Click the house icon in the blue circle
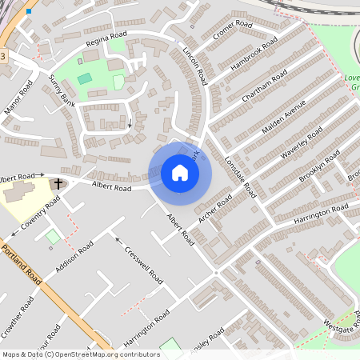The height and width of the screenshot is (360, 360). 180,173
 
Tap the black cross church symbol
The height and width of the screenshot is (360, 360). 58,184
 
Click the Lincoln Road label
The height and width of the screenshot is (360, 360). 195,65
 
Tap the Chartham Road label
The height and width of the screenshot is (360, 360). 264,87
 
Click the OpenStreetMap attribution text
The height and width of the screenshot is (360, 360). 81,354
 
